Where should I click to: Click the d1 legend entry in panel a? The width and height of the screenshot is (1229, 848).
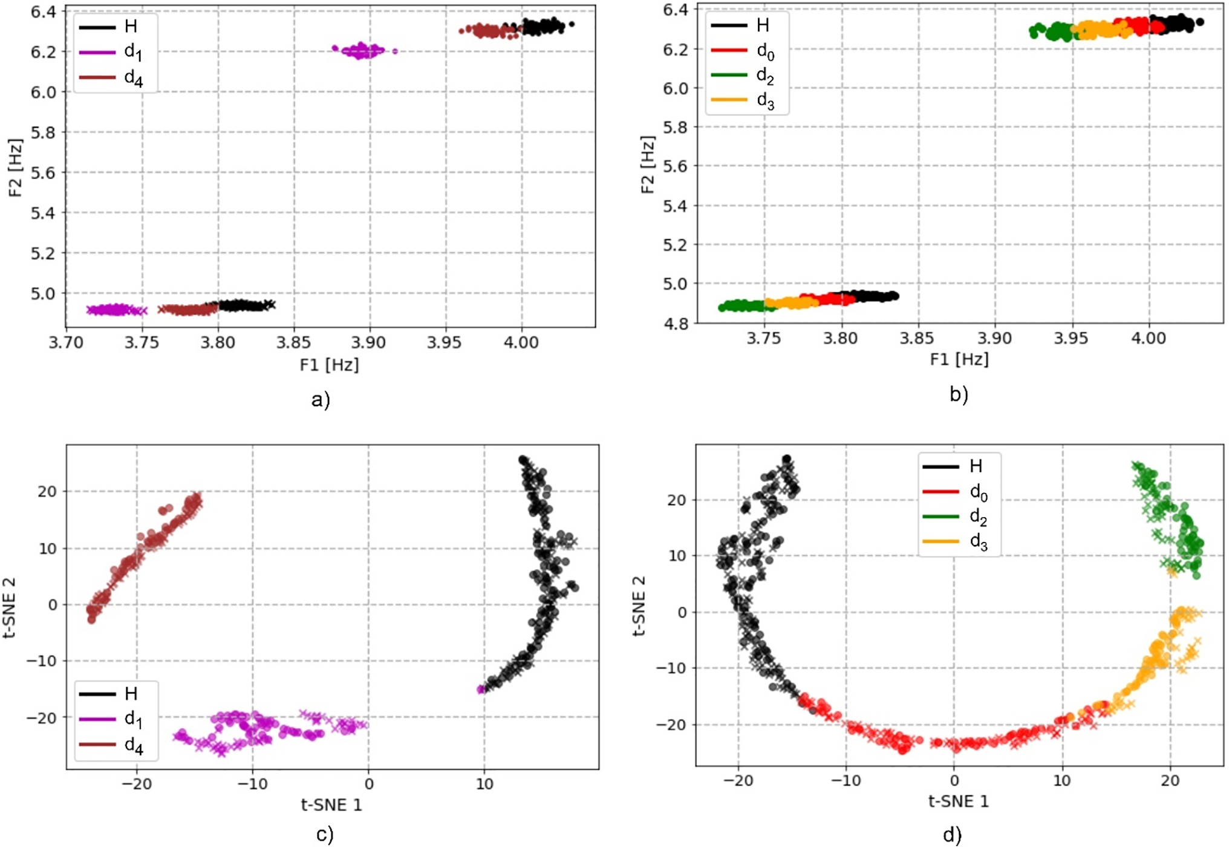[x=132, y=53]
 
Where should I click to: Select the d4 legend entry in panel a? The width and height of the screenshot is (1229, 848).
[x=132, y=78]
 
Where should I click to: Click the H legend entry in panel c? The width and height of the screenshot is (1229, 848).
[x=131, y=693]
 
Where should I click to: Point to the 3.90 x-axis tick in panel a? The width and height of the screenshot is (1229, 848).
[x=370, y=342]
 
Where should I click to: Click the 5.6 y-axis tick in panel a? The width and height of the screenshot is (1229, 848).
[x=44, y=173]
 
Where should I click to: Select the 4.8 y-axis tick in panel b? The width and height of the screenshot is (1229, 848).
[x=675, y=324]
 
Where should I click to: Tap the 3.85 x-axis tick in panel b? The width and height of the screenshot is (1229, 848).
[x=918, y=338]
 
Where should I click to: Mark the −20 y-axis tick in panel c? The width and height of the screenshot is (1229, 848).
[x=42, y=718]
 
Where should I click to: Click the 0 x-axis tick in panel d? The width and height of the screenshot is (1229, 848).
[x=954, y=780]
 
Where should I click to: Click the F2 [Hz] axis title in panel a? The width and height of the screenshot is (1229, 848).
[x=16, y=168]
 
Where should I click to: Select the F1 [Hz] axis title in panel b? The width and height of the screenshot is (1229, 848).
[x=959, y=359]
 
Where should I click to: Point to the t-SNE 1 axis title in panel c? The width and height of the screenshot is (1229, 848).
[x=331, y=804]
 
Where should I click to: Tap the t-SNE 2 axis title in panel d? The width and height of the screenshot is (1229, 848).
[x=639, y=606]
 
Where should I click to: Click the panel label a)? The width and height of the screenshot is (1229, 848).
[x=321, y=399]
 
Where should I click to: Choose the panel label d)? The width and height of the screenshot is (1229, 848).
[x=952, y=835]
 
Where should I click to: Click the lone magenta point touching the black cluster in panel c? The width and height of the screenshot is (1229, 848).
[x=481, y=689]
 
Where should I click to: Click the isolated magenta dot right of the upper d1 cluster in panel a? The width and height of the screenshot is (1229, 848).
[x=395, y=51]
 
